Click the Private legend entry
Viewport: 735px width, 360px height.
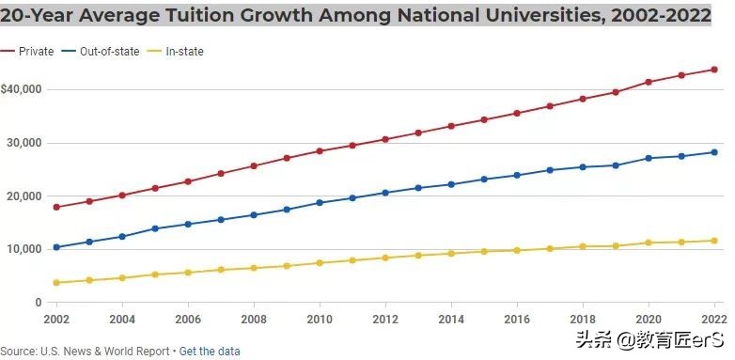(35, 52)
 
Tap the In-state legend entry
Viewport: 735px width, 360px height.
(183, 52)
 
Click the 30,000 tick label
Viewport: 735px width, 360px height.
(25, 143)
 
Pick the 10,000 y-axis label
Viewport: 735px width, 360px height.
(25, 249)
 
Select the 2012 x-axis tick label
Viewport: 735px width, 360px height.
(386, 319)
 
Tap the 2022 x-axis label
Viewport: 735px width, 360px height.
(715, 319)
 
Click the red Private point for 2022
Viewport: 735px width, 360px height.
(715, 70)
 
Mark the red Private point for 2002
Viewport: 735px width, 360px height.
(56, 207)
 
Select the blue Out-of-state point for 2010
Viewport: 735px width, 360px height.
(320, 203)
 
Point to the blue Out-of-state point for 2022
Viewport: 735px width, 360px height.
(715, 152)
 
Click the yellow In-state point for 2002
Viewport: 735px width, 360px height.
(56, 283)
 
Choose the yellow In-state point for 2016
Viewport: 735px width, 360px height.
(517, 250)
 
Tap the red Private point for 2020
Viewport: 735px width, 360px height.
(649, 82)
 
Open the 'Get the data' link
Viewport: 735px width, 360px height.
(210, 352)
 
